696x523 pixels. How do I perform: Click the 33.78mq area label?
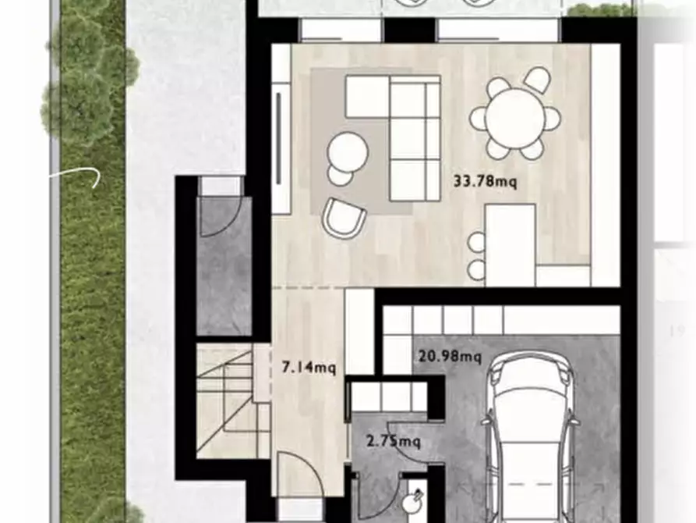click(x=485, y=182)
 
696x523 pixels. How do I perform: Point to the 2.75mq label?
click(x=394, y=442)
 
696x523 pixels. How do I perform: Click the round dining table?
click(x=515, y=118)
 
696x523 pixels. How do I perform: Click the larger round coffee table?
click(x=348, y=149)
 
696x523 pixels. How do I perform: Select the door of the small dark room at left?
click(x=223, y=215)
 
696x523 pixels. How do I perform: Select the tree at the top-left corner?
click(x=90, y=70)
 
